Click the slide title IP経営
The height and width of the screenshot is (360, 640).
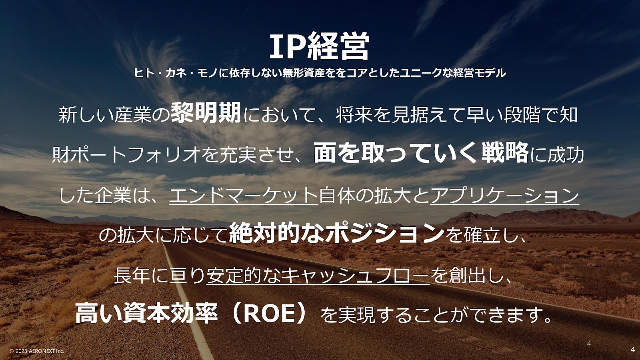tap(320, 46)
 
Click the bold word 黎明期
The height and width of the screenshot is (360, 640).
tap(206, 113)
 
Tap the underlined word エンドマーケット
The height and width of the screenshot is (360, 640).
tap(244, 196)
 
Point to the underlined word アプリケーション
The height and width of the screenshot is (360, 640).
tap(505, 196)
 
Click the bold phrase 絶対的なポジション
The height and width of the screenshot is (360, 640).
tap(337, 234)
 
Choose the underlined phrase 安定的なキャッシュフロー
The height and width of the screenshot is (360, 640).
tap(318, 276)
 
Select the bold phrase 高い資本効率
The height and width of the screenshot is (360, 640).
tap(146, 314)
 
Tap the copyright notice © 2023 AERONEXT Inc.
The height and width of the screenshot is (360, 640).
tap(37, 351)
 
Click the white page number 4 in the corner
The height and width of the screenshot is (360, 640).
tap(632, 350)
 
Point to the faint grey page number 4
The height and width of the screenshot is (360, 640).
tap(589, 344)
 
